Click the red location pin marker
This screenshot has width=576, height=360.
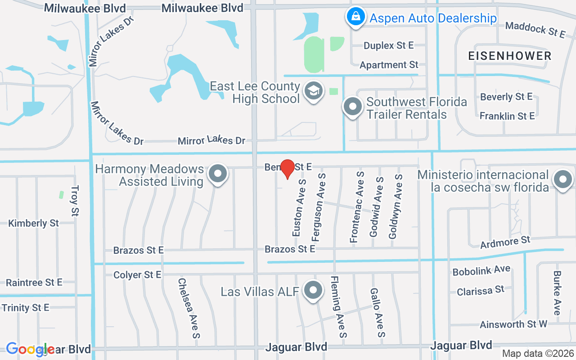pos(288,169)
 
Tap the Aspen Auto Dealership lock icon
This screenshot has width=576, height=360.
pos(355,17)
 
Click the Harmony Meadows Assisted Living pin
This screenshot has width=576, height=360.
pos(219,173)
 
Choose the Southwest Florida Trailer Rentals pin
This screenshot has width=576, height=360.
pos(353,107)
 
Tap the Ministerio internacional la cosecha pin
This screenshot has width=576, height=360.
pos(562,180)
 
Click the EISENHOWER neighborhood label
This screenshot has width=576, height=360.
pos(509,56)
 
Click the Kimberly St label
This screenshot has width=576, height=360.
pos(34,223)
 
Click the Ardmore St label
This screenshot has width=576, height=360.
pos(505,242)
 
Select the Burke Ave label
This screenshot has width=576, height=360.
pos(557,293)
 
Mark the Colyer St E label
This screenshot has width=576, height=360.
pos(137,274)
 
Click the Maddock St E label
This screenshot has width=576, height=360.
pos(535,29)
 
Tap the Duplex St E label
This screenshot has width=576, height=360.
pos(388,45)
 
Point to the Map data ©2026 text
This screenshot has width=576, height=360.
pos(537,353)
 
